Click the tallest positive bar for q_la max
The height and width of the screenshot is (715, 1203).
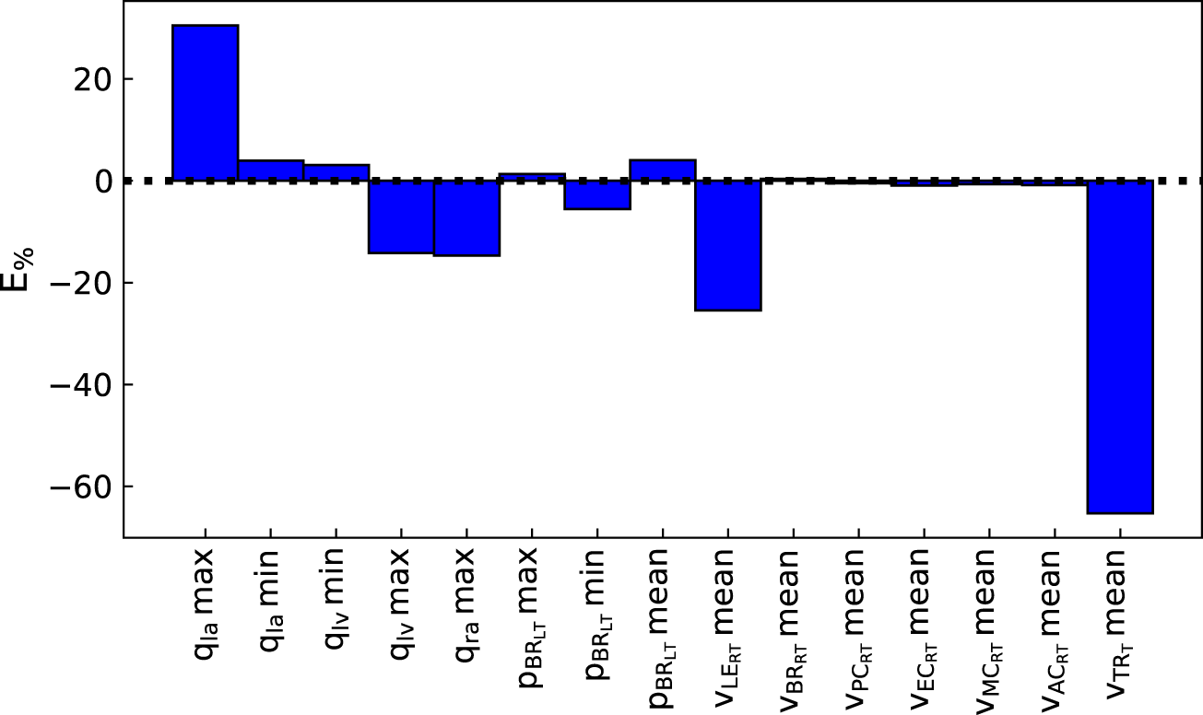(x=205, y=102)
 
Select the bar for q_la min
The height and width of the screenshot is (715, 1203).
(x=271, y=170)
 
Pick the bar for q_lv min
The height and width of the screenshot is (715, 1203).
(x=336, y=172)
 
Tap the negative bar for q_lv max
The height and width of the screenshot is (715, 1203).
(x=402, y=217)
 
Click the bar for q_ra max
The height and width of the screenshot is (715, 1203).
(x=467, y=217)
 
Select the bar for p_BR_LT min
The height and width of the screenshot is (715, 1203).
(x=597, y=194)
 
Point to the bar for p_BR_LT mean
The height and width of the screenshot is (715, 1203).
(x=663, y=170)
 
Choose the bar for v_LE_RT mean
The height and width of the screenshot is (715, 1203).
(x=728, y=245)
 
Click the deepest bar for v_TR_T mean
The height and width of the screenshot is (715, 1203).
(x=1120, y=346)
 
